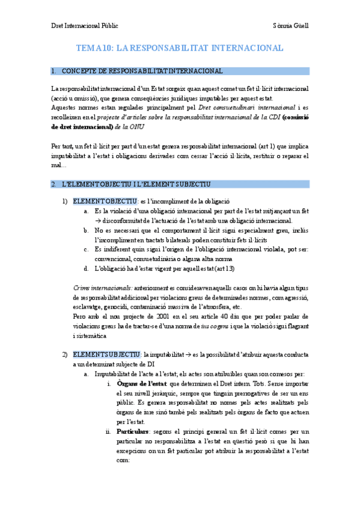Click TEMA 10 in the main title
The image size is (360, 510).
[x=94, y=48]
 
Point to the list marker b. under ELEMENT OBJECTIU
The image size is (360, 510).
[x=87, y=231]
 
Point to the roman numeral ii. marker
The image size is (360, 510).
[x=108, y=431]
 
